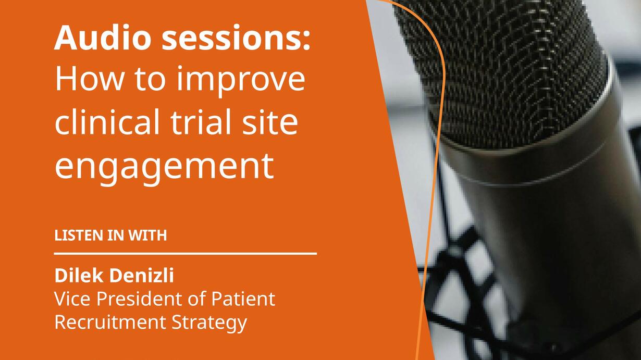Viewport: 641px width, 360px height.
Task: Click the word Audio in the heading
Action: click(x=103, y=38)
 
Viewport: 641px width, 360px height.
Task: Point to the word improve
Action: click(x=241, y=81)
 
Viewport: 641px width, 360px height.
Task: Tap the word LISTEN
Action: click(x=79, y=235)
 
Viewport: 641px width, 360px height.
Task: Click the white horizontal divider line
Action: click(x=186, y=254)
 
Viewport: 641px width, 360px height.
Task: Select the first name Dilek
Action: click(x=79, y=276)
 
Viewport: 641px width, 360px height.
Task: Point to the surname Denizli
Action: click(x=142, y=276)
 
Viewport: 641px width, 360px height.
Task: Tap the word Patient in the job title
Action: click(x=243, y=299)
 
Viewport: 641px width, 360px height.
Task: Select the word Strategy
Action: click(x=209, y=324)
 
